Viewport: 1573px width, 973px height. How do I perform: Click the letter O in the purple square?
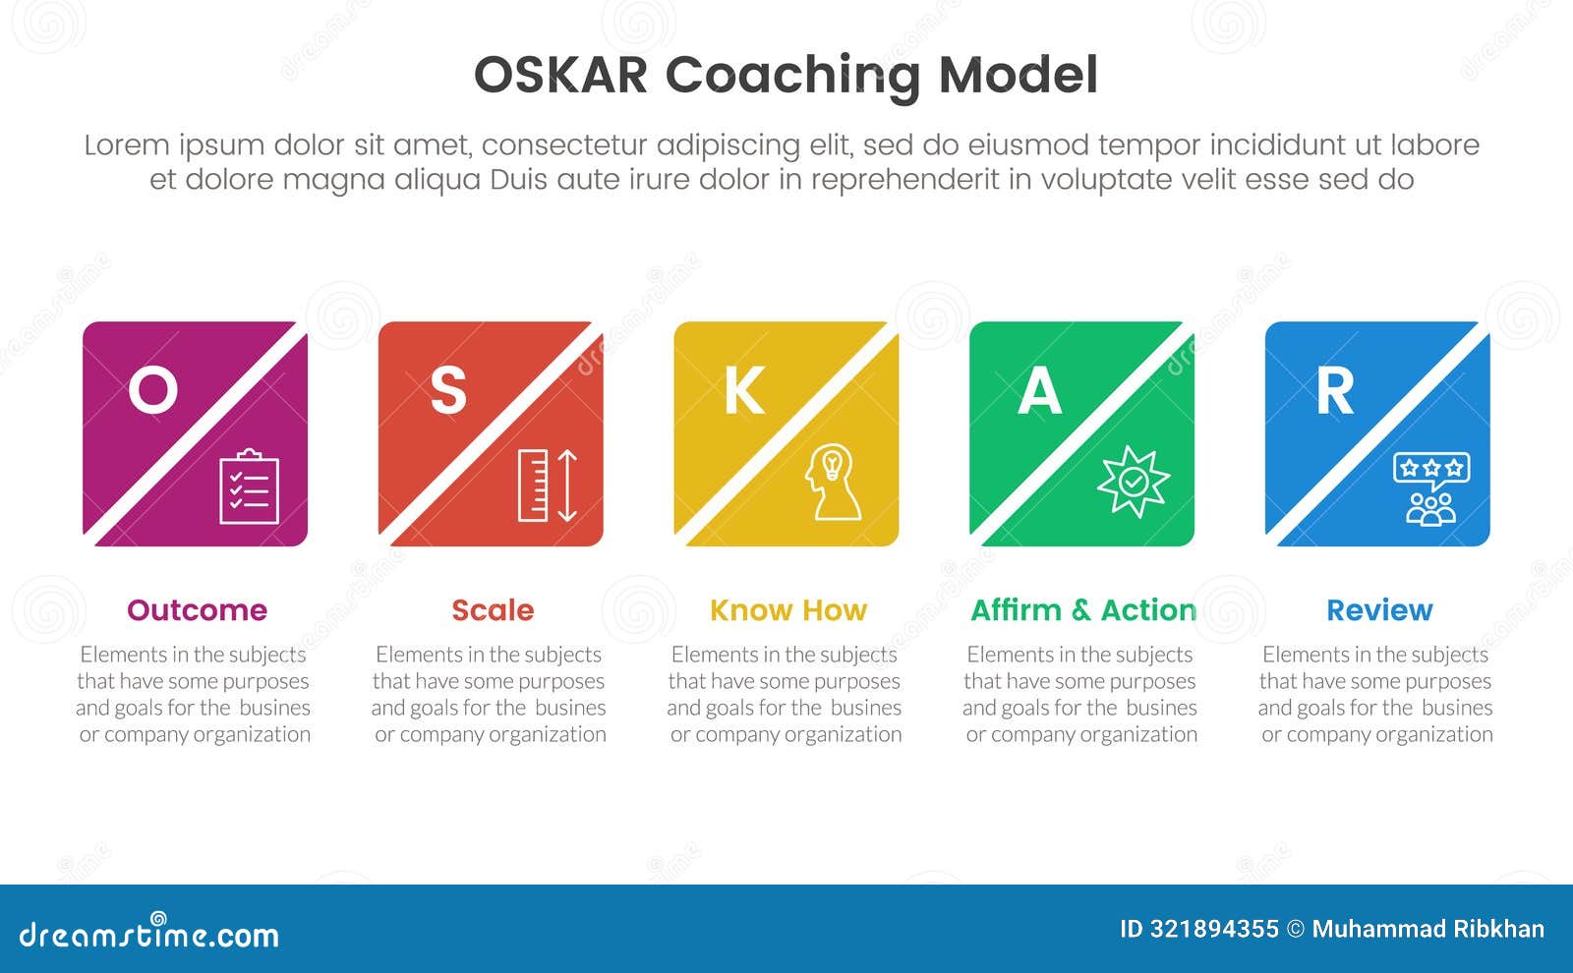153,390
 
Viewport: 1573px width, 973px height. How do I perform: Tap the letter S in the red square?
448,390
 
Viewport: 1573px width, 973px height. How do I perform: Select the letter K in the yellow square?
744,390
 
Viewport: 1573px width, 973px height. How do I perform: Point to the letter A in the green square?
1039,390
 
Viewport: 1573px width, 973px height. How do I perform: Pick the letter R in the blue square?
1334,390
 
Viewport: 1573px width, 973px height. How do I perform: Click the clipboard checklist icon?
250,486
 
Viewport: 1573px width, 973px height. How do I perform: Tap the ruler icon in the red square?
533,486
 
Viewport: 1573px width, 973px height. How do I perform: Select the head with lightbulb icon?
833,482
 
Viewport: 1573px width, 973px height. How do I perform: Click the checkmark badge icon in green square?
1133,482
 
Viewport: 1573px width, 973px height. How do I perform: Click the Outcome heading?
198,610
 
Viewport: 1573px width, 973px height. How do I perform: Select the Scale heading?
493,610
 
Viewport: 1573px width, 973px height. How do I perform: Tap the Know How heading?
788,610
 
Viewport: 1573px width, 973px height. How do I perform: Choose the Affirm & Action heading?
1083,610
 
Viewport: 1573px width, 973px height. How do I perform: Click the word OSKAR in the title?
560,75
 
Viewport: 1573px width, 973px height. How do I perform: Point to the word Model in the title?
1019,75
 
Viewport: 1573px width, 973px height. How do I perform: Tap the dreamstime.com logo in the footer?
148,932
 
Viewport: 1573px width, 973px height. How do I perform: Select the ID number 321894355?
1214,930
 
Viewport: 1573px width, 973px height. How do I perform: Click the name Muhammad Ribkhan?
1428,930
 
